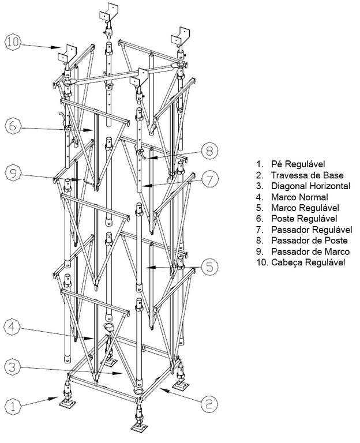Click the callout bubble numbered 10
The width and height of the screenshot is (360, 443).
coord(13,42)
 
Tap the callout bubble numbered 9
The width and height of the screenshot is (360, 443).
coord(14,171)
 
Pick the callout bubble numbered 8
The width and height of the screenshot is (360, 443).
coord(208,152)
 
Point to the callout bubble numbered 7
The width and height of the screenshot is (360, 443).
coord(209,180)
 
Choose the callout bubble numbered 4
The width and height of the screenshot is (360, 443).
coord(14,329)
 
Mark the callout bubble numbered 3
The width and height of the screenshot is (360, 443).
coord(14,366)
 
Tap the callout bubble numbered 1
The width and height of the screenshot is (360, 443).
coord(14,406)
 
